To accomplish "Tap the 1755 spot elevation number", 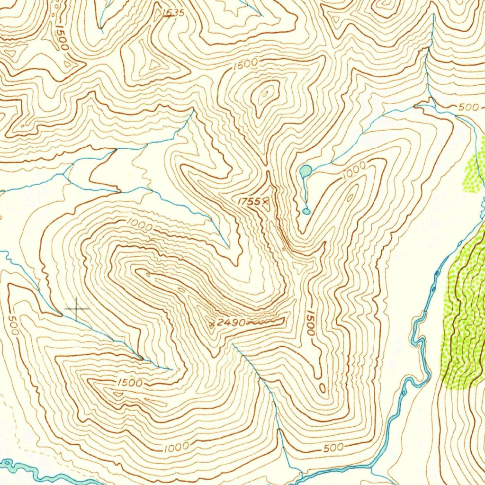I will (x=249, y=201).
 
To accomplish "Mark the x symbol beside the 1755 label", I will (x=266, y=201).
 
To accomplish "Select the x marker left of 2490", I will (x=213, y=323).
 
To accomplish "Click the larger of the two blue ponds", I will (x=306, y=170).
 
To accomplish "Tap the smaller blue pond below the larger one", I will (x=306, y=211).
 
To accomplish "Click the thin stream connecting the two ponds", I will (x=304, y=192).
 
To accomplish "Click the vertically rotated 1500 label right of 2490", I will (x=310, y=323).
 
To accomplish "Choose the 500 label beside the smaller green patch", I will (x=468, y=107).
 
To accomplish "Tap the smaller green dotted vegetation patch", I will (x=474, y=173).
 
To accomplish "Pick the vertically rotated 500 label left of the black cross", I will (x=13, y=325).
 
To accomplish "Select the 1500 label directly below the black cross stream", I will (x=129, y=383).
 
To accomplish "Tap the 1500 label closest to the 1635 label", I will (x=245, y=64).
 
